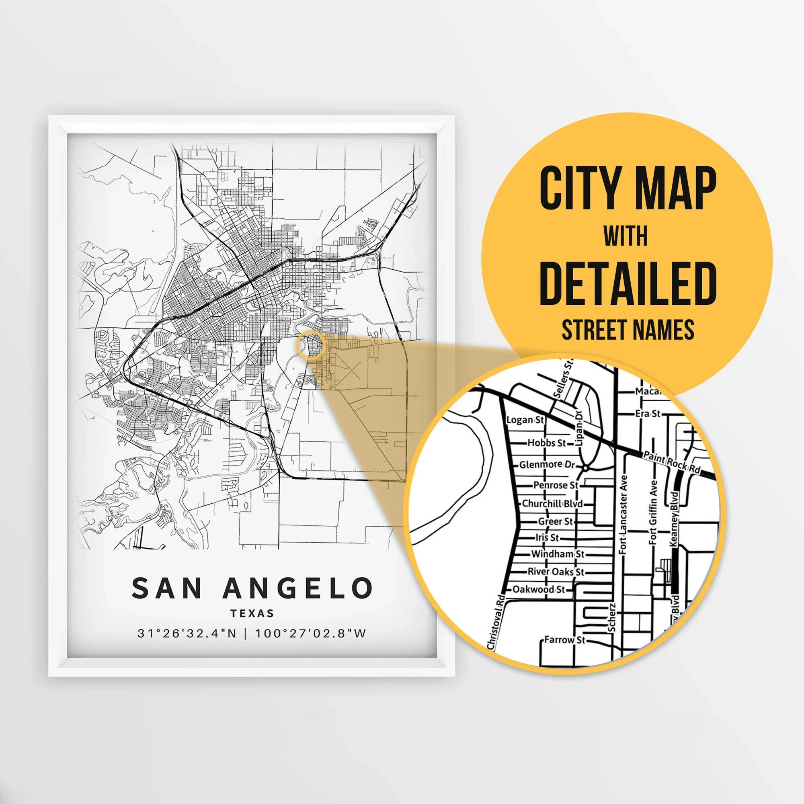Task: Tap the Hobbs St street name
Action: point(547,443)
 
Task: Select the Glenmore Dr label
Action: point(547,464)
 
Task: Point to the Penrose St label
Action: point(556,485)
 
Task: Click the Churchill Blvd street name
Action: point(552,504)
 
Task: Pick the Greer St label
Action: point(555,521)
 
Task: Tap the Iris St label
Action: point(547,537)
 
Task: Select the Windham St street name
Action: point(558,554)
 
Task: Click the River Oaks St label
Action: point(556,572)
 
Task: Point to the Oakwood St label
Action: point(539,589)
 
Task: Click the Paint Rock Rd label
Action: point(671,462)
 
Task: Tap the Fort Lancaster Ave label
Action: point(623,515)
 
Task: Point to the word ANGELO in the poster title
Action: point(298,588)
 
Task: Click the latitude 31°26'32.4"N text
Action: point(187,634)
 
